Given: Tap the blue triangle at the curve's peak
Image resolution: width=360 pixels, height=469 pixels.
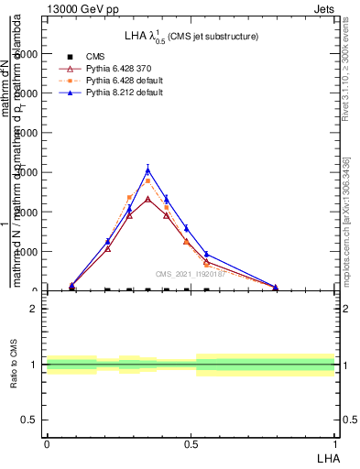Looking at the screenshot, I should click(x=147, y=170).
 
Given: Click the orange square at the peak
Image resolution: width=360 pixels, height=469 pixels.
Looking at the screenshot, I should click(x=147, y=181).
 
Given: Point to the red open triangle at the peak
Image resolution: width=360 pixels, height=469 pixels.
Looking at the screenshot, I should click(x=147, y=199).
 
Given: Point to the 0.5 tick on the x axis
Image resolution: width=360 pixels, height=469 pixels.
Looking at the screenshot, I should click(x=191, y=442).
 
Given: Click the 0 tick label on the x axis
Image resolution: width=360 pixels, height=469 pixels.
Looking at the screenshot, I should click(x=47, y=442).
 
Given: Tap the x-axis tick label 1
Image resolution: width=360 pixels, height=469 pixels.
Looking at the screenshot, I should click(x=335, y=442).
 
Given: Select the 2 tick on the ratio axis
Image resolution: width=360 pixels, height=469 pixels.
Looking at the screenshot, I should click(x=35, y=310).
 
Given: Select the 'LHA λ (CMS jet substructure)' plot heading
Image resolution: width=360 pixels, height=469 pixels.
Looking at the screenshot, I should click(x=191, y=36).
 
